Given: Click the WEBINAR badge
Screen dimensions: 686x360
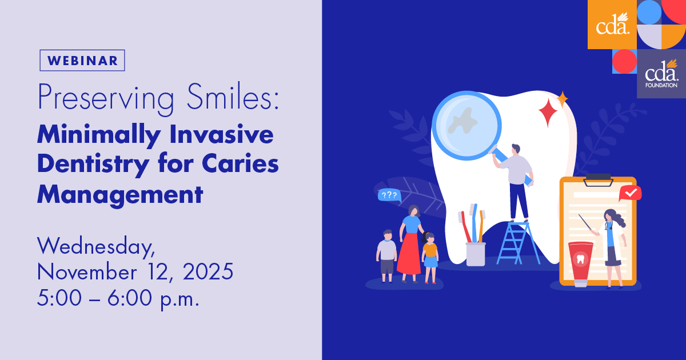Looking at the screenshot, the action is point(82,61).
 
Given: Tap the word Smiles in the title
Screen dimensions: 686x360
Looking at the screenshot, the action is point(233,97).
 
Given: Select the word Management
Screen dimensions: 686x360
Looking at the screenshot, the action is point(120,195).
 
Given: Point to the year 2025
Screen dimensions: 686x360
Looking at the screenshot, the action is point(208,271).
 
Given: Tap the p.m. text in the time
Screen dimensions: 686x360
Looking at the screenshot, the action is point(180,298).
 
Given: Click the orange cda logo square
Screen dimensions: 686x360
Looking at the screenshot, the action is point(612,25).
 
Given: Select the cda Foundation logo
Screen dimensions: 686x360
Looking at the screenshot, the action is point(661,74).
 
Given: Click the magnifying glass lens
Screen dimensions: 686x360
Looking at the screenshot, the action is point(466,125).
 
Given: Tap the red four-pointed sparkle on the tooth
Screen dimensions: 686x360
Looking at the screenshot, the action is point(548,113).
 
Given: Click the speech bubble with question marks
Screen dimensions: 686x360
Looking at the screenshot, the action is point(389,195).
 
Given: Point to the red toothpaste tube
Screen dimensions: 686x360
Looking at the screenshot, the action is point(581,264).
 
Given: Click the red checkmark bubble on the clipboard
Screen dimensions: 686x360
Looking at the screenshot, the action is point(630,193).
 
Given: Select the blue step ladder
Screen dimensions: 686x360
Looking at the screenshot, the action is point(518,243).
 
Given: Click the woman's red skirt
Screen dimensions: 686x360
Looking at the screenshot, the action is point(409,254).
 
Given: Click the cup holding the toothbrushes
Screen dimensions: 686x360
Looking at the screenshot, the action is point(476,254).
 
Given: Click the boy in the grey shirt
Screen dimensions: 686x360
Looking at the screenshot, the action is point(387,256).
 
